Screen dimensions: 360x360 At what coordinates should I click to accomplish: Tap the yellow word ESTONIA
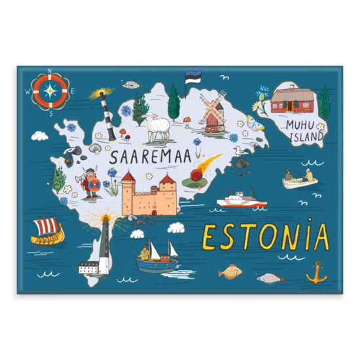point(265,237)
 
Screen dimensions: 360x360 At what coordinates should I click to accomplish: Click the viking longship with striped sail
point(48,231)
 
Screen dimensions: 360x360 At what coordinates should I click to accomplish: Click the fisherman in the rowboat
point(299,177)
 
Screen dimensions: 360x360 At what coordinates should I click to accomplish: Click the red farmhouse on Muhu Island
point(293,100)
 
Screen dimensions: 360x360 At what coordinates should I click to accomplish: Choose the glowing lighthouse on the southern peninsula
point(104,234)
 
